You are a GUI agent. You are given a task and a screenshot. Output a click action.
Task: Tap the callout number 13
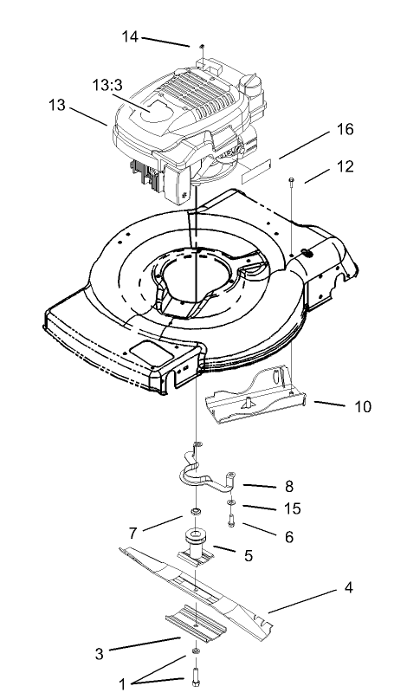(56, 105)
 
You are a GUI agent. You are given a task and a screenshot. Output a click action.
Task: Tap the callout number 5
(248, 555)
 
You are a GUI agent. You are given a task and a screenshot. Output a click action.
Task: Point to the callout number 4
(348, 588)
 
